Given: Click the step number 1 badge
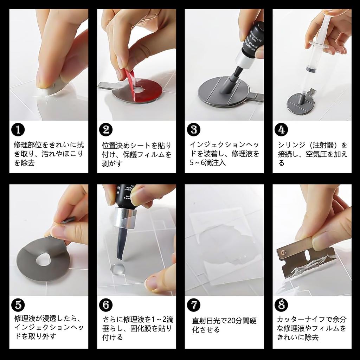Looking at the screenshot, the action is (18, 130).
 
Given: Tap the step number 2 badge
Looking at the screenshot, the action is (106, 130).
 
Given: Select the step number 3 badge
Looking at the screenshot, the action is (194, 130).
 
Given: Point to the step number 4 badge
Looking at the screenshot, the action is (281, 130).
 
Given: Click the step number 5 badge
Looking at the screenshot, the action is (18, 305).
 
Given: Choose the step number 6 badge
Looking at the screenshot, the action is (106, 305).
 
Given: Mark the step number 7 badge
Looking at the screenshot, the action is (194, 305).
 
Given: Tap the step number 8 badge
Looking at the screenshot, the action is (281, 305).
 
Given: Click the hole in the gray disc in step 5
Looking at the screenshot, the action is (43, 259).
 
